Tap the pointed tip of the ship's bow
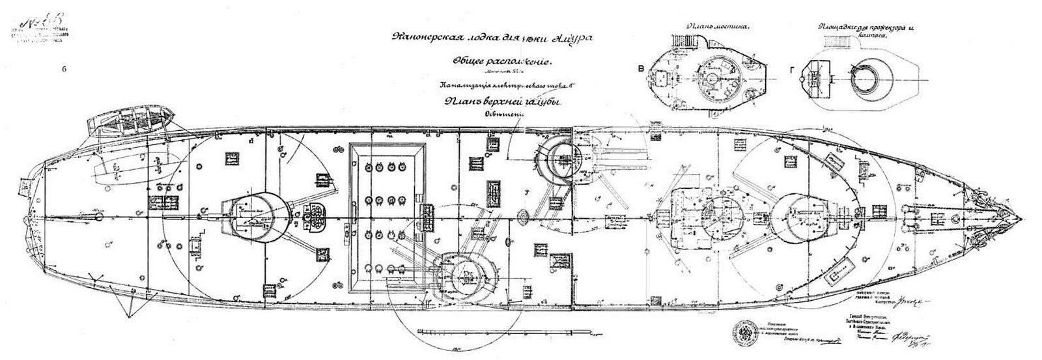[x=1022, y=218]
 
